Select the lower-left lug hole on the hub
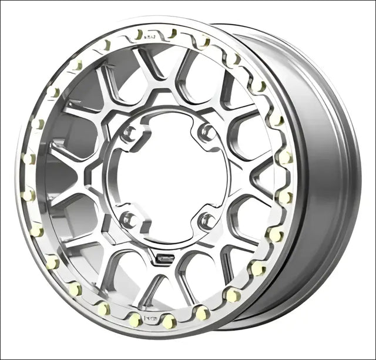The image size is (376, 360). (x=128, y=219)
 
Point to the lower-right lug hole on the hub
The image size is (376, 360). (x=207, y=221)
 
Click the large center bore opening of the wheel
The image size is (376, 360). (x=167, y=176)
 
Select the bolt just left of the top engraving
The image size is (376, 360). (x=139, y=34)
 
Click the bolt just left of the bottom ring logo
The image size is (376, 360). (x=135, y=319)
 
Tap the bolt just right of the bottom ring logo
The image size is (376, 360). (x=169, y=321)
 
